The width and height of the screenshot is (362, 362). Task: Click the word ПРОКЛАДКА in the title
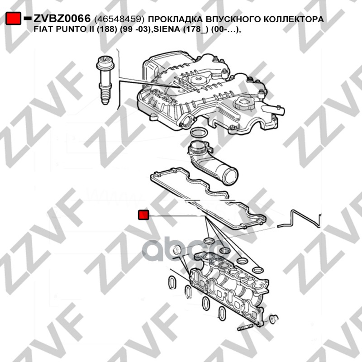pyautogui.click(x=176, y=20)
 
